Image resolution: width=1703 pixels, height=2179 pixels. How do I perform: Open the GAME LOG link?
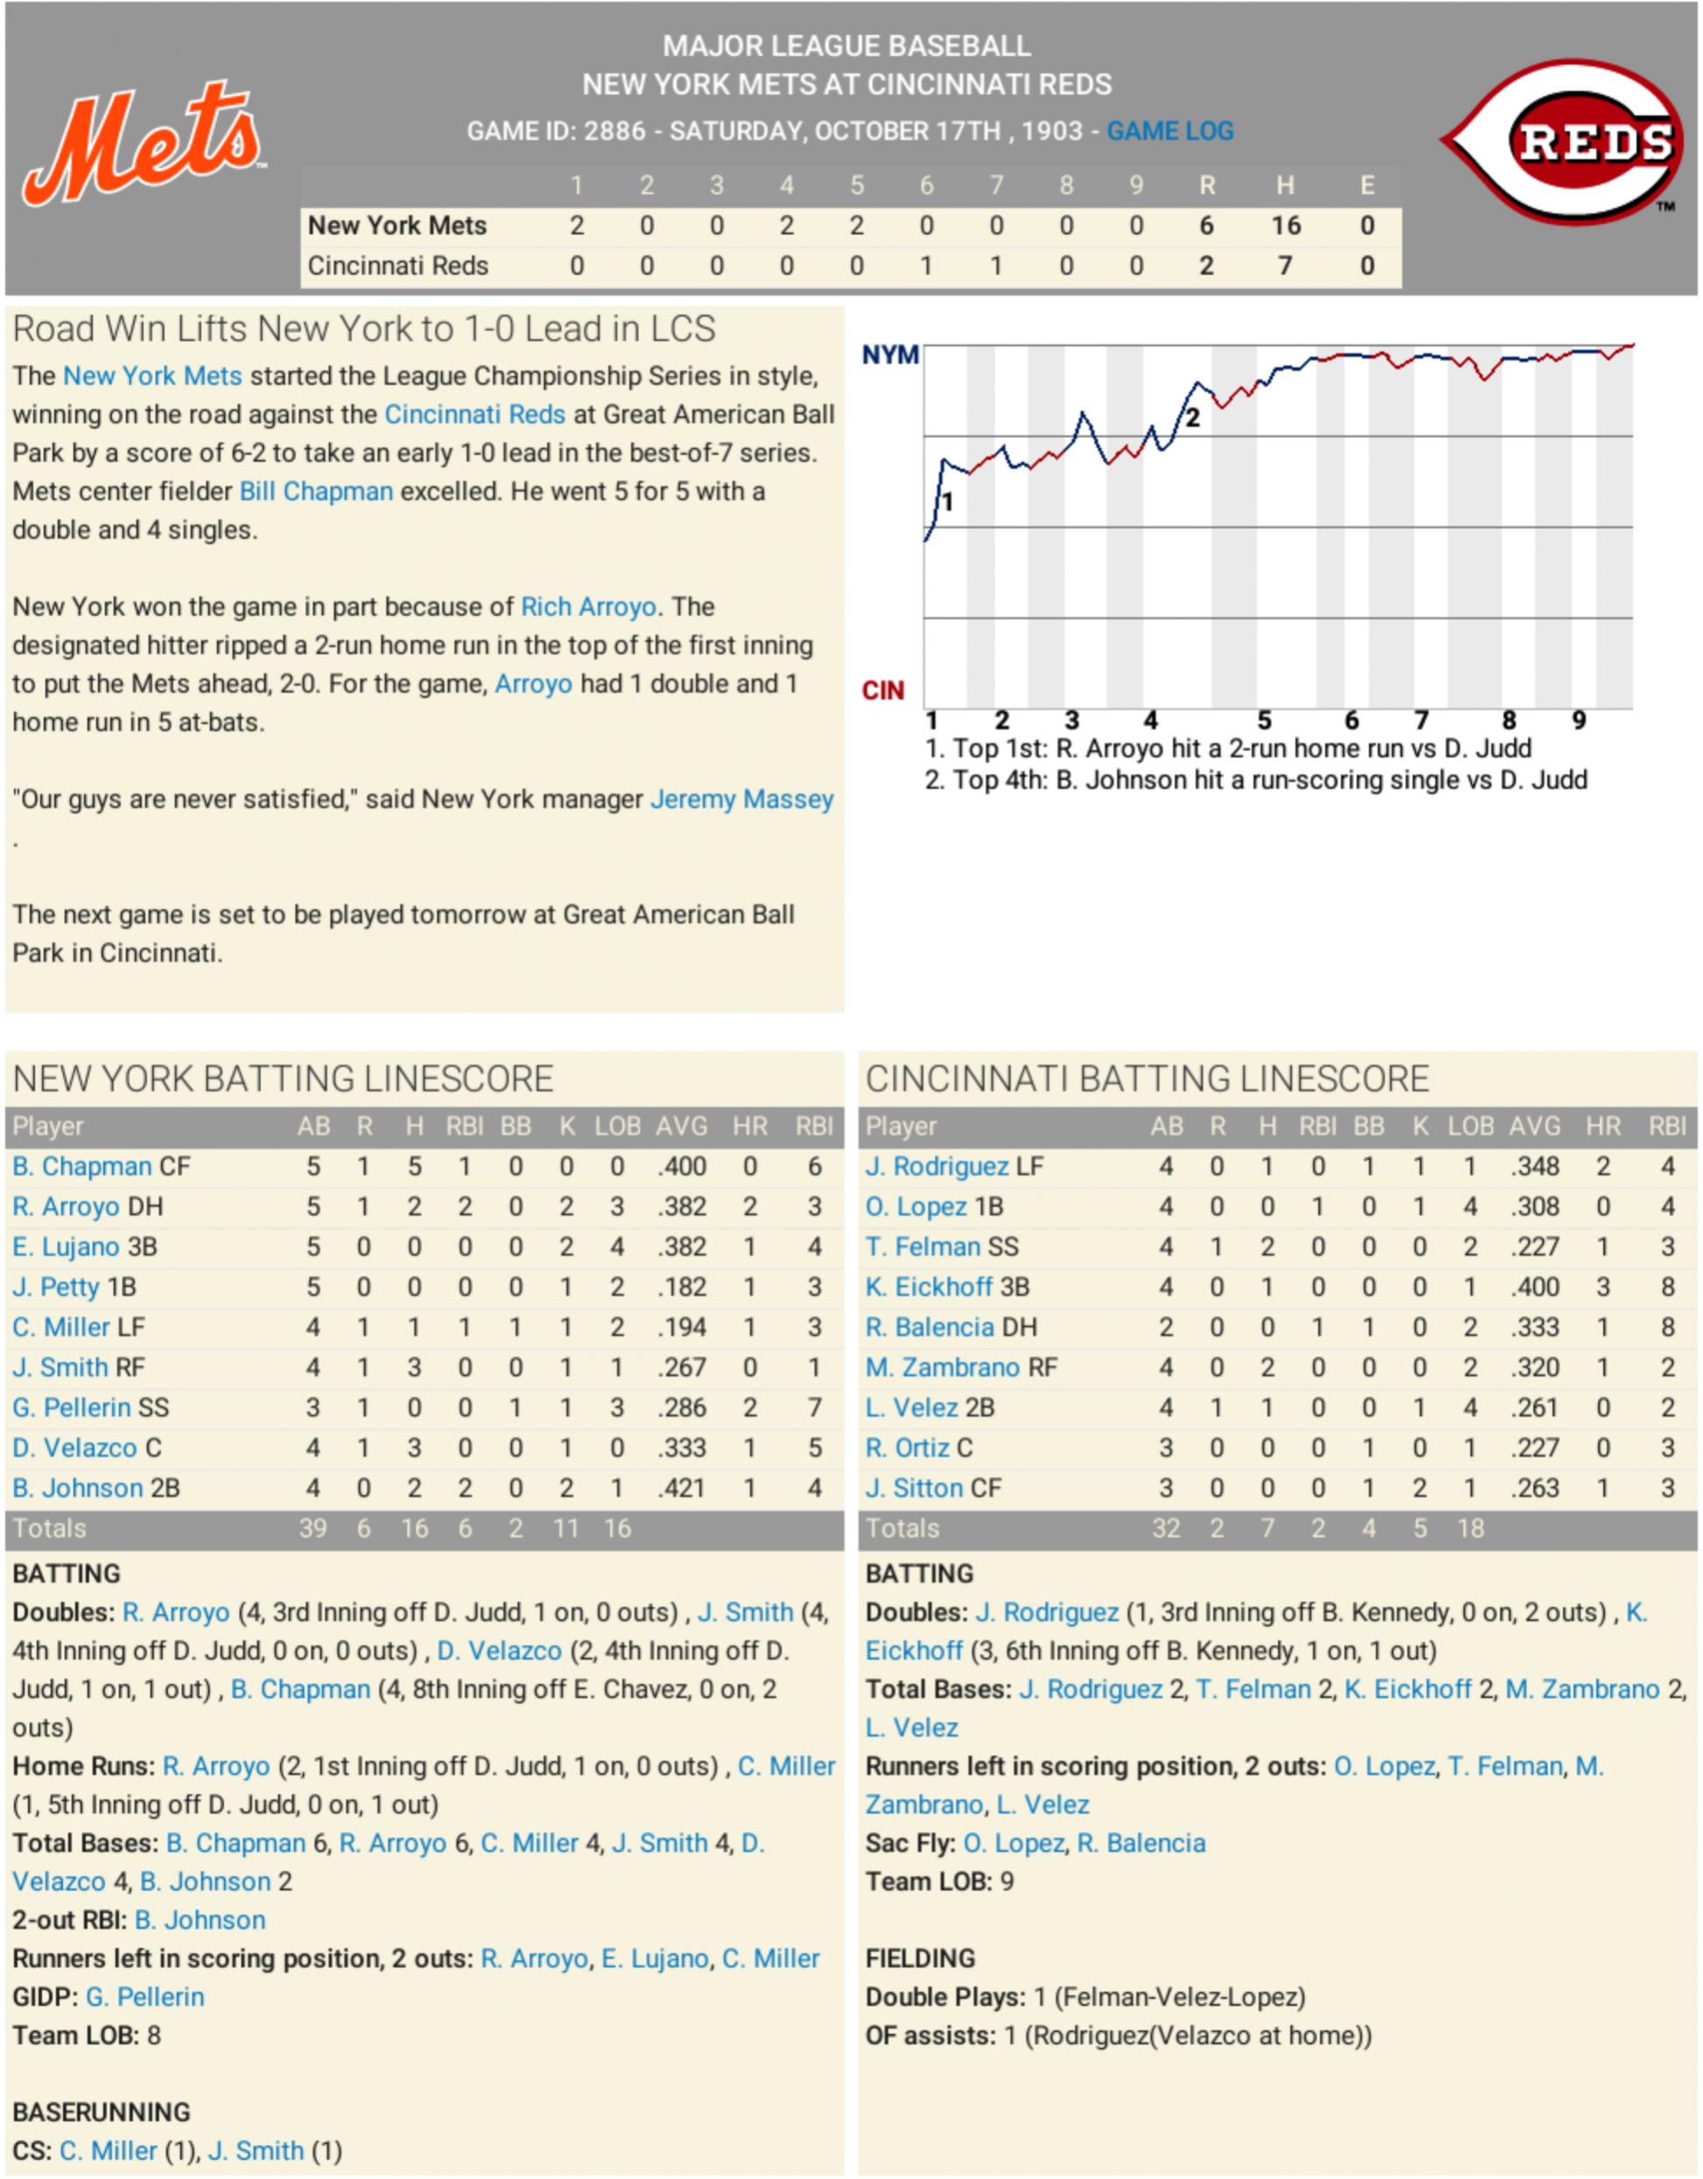[1169, 130]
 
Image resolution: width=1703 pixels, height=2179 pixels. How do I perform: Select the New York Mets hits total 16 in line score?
[1285, 226]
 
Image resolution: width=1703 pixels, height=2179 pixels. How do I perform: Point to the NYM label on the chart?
[889, 355]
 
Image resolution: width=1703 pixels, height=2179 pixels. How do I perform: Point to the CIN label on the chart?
[882, 690]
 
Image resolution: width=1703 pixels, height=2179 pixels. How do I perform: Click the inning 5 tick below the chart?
[1263, 720]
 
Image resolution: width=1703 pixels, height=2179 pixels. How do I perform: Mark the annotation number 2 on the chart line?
[1192, 418]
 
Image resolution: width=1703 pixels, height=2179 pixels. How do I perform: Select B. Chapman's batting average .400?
[681, 1166]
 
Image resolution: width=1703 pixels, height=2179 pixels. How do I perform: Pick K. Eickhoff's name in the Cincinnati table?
[928, 1287]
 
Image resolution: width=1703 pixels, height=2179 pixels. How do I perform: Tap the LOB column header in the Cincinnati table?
[1469, 1127]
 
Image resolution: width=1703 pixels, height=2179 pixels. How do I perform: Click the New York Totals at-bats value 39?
[312, 1528]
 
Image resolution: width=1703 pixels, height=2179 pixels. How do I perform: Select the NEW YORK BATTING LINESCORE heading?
[283, 1079]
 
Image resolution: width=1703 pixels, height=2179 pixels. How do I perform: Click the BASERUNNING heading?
[101, 2113]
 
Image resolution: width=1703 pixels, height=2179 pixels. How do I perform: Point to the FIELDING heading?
[920, 1959]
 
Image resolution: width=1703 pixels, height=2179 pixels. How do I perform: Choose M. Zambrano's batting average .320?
[1534, 1368]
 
